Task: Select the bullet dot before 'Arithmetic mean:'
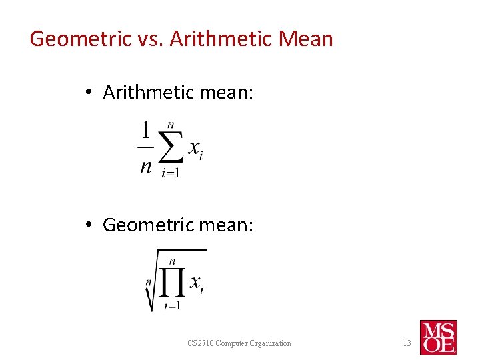89,93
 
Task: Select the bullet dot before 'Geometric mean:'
89,225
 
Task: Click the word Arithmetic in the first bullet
147,93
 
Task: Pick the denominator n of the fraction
145,166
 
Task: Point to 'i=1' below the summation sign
171,173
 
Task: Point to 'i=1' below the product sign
172,305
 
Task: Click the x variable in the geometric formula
195,282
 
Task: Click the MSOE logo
438,337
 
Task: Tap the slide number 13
407,343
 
